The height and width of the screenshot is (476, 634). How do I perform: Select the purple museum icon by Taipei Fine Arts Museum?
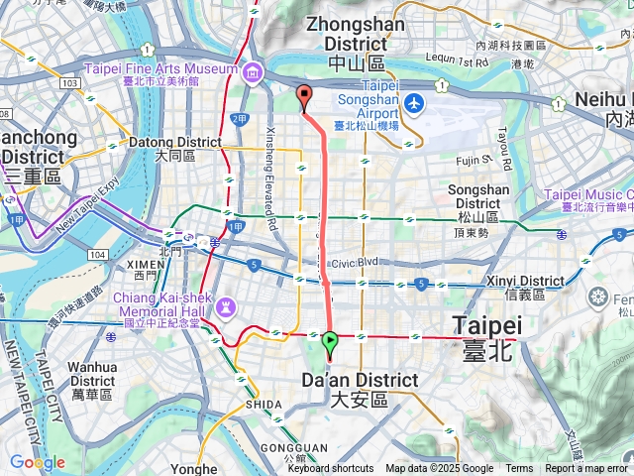click(253, 71)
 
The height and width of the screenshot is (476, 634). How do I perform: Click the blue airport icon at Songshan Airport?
click(413, 102)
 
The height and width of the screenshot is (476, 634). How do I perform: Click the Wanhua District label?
click(92, 381)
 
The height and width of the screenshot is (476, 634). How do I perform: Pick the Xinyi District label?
click(524, 288)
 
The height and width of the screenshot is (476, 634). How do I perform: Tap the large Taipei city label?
click(486, 334)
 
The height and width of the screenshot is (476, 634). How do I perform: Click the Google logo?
click(38, 462)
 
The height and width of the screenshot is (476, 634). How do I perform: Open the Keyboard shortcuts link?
click(331, 469)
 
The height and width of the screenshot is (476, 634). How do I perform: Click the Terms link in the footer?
click(519, 469)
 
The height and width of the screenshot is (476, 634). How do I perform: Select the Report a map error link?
click(586, 469)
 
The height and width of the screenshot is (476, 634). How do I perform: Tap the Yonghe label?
click(194, 468)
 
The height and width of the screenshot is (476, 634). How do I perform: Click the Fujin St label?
click(475, 158)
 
